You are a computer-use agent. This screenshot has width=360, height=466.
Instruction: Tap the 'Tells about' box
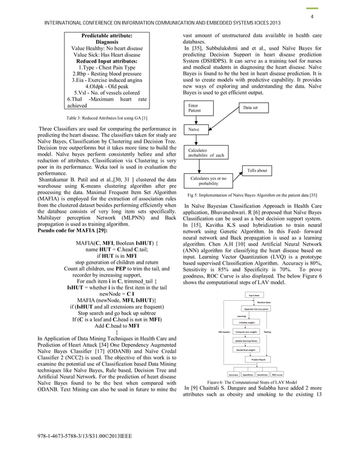258,170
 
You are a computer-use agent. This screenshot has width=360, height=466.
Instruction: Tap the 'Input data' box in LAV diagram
254,295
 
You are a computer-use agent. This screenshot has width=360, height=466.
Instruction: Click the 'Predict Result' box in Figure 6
257,358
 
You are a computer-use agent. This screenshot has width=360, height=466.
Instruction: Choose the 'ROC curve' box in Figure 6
277,374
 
